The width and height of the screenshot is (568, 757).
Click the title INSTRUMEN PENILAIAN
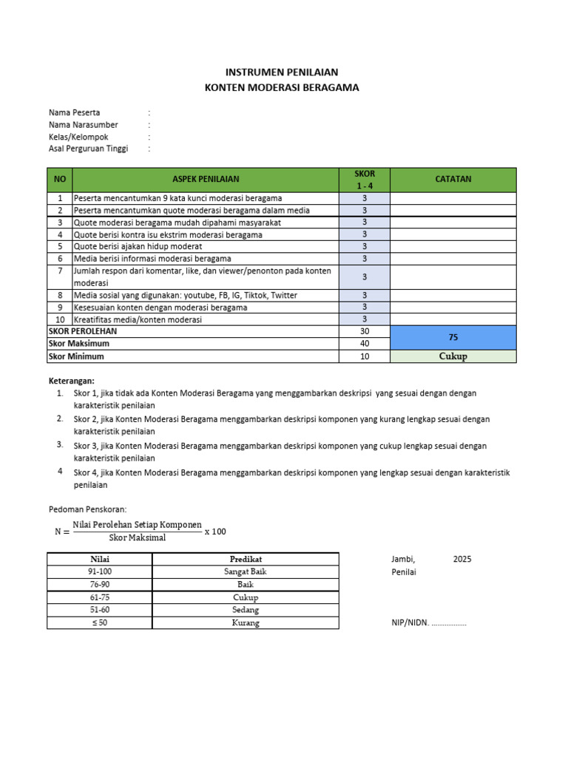click(281, 72)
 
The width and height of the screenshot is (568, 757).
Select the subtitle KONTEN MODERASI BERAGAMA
click(281, 87)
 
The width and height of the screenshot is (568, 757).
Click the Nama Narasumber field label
click(83, 125)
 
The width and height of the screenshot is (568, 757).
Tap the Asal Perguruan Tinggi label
click(88, 149)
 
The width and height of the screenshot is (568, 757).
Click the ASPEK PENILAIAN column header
click(206, 179)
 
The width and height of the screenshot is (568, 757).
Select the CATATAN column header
click(453, 179)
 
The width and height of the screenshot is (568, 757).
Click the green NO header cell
click(60, 179)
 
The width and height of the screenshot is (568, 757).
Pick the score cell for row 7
click(365, 276)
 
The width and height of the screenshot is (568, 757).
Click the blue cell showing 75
click(453, 337)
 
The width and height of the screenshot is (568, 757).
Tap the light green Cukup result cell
click(453, 356)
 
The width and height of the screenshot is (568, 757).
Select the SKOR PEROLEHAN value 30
click(365, 331)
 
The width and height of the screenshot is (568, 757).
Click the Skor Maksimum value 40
click(365, 344)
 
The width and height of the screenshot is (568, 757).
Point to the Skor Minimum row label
click(76, 356)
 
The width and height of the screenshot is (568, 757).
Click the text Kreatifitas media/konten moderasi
click(138, 319)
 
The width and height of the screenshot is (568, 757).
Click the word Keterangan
click(72, 380)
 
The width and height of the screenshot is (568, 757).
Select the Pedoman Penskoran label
click(87, 509)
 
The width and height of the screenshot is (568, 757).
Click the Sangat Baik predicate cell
click(246, 571)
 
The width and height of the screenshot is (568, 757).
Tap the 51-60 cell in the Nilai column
click(100, 610)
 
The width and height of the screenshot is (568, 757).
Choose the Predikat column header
click(246, 559)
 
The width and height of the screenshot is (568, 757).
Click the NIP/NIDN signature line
click(429, 623)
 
